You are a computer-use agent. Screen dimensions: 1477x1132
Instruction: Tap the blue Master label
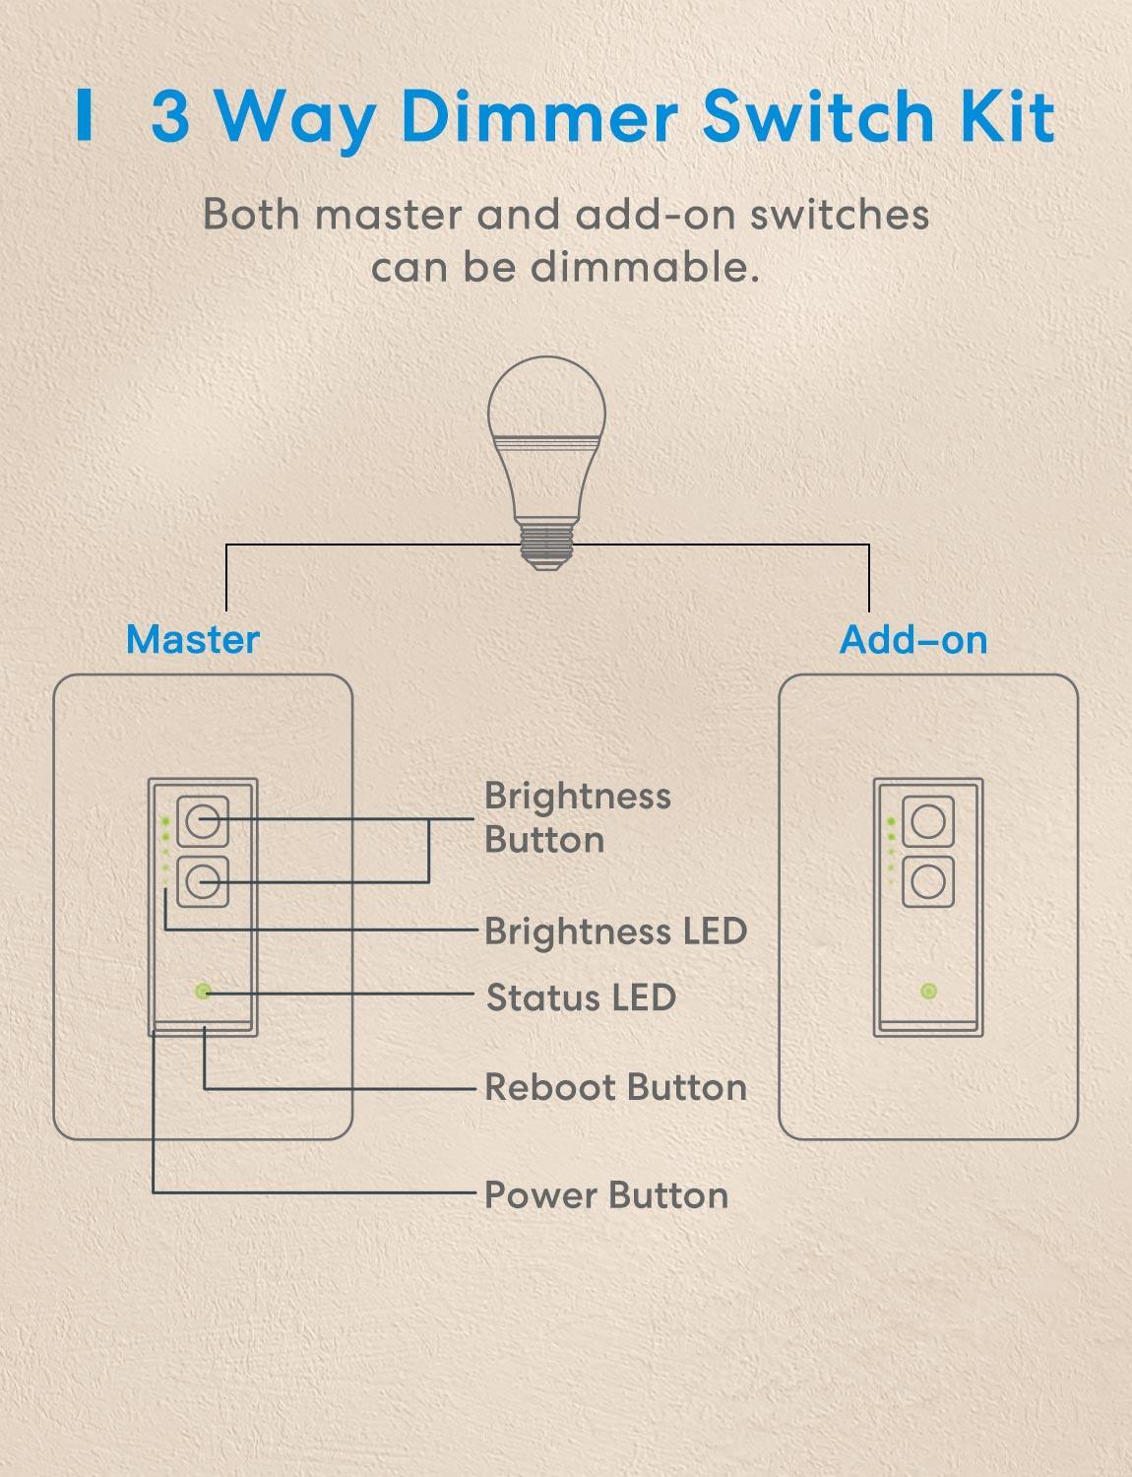coord(193,639)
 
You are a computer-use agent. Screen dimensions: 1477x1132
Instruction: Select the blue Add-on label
coord(912,639)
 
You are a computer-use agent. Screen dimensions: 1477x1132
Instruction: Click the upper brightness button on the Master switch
coord(203,820)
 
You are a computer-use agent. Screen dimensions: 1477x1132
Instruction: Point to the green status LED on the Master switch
coord(203,992)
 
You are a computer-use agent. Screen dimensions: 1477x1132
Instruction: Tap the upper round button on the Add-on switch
coord(928,820)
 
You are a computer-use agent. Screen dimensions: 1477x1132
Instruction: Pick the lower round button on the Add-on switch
coord(928,879)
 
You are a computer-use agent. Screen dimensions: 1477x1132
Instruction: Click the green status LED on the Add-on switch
coord(927,992)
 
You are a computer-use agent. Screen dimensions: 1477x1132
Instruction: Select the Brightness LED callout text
coord(615,931)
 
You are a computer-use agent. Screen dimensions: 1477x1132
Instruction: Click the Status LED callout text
coord(581,997)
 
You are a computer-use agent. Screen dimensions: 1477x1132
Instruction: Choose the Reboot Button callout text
coord(615,1087)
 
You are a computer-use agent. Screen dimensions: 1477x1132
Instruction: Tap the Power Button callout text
coord(606,1195)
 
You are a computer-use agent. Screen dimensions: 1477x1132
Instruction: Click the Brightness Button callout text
coord(577,817)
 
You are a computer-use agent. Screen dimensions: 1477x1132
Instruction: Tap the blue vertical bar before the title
coord(85,117)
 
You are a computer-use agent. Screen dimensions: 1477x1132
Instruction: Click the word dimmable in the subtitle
coord(644,267)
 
